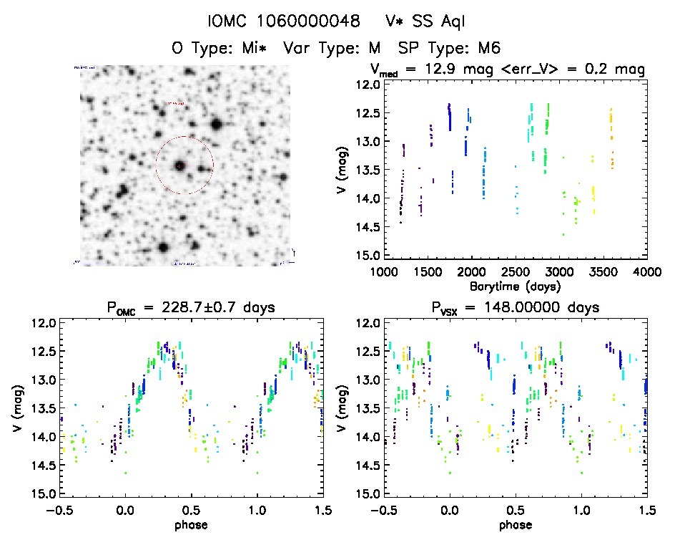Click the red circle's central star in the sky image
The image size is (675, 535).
click(x=179, y=165)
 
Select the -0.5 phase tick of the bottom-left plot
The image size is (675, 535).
click(x=59, y=510)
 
